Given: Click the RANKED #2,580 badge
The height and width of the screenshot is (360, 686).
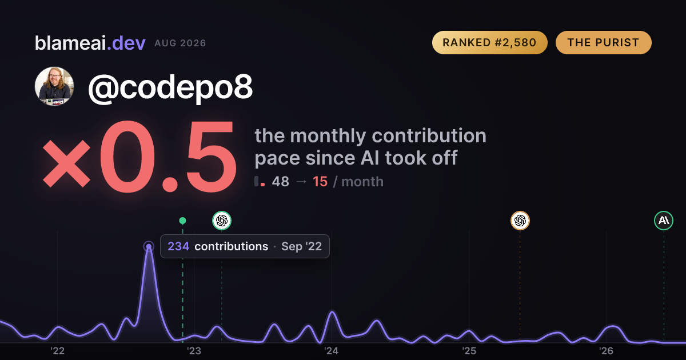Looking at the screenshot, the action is (x=490, y=42).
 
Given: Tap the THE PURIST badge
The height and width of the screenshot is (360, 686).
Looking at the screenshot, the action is (x=603, y=42).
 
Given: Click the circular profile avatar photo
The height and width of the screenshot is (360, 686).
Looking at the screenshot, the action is (x=54, y=86).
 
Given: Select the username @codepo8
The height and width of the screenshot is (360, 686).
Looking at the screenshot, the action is (x=170, y=87).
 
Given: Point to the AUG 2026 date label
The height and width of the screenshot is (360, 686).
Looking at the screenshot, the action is (x=180, y=43).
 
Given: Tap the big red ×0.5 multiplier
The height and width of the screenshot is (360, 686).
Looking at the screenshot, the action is (x=139, y=156).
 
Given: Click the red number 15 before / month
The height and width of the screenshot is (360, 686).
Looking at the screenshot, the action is (x=320, y=182).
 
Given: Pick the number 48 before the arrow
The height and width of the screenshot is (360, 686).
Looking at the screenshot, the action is (x=280, y=182).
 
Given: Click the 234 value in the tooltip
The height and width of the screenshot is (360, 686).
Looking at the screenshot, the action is (x=178, y=246).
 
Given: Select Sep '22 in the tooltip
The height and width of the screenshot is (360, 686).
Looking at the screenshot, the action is (x=301, y=246).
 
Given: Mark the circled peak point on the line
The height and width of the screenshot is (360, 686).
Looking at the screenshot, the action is (x=149, y=246).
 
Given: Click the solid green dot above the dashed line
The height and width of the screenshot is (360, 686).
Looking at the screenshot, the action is (x=182, y=221).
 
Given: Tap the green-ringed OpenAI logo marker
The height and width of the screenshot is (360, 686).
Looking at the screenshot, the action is (x=222, y=221).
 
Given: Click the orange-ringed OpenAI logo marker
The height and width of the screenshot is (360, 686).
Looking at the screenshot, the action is (x=520, y=221).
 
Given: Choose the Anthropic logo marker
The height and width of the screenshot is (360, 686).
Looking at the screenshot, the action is (x=664, y=221).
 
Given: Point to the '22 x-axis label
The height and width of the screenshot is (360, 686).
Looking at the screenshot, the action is (x=57, y=351).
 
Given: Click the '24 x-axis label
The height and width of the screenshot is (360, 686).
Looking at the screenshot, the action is (x=332, y=351).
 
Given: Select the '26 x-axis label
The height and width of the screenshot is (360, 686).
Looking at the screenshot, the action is (x=606, y=351).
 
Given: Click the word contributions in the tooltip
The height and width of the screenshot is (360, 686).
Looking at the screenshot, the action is (x=231, y=246).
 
